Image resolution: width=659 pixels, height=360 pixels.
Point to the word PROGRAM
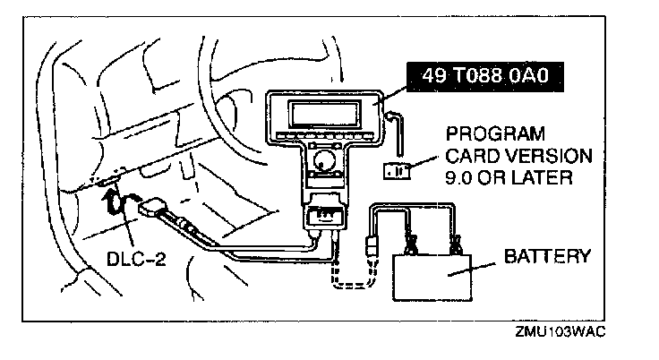tap(495, 134)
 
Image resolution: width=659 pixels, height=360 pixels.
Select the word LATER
tap(543, 177)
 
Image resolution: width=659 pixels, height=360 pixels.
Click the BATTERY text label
tap(547, 256)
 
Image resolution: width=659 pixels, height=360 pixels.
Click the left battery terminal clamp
tap(413, 242)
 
